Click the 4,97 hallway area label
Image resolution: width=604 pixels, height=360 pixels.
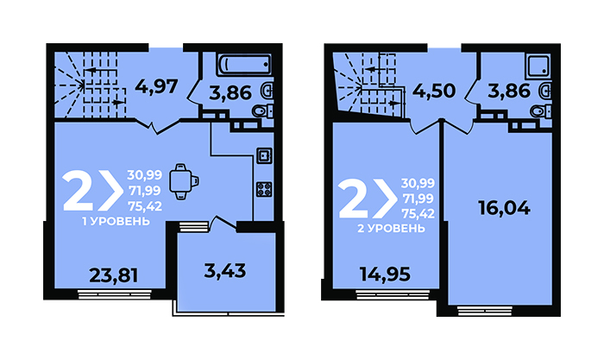coord(156,86)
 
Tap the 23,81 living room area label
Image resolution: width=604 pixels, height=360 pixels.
coord(114,275)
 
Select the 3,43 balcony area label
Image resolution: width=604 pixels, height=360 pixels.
coord(225,271)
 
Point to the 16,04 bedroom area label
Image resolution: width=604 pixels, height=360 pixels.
coord(504,208)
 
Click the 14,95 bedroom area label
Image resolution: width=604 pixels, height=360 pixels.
coord(385,275)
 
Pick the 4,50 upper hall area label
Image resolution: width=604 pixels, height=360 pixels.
coord(434,91)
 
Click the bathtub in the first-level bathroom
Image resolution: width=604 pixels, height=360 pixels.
coord(245,64)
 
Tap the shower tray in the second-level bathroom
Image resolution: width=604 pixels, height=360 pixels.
coord(539,65)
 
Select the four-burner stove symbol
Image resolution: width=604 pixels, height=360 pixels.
coord(264,189)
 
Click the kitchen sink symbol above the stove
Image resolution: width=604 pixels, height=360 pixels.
coord(264,155)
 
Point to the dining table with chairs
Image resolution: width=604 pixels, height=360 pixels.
coord(184,181)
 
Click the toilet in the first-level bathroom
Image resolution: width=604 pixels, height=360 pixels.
coord(262,111)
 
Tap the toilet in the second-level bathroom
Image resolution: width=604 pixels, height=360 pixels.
coord(541,111)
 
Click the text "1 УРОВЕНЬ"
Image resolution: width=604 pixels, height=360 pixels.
coord(116,222)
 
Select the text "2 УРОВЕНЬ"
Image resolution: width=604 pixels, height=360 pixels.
coord(392,229)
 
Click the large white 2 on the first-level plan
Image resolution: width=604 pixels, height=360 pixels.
coord(79,191)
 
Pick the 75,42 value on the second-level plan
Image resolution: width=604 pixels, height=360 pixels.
coord(418,213)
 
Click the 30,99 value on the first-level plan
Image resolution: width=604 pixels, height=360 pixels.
coord(145,175)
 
